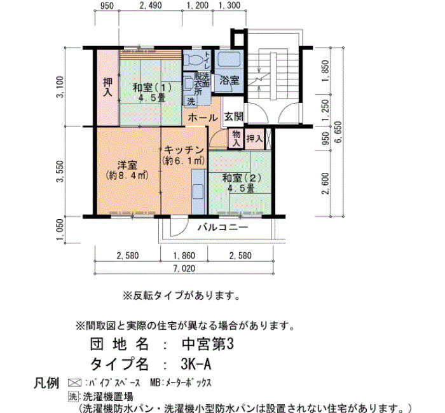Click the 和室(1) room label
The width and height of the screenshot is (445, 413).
[x=153, y=88]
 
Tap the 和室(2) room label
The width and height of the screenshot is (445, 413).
[x=242, y=178]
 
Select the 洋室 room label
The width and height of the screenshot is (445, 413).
[x=127, y=165]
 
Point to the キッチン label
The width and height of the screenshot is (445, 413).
[x=184, y=150]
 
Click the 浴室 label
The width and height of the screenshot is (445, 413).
[x=229, y=80]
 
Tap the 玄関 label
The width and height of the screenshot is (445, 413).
[x=234, y=116]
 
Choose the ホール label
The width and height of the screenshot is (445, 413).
[x=203, y=118]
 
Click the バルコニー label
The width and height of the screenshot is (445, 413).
[x=222, y=227]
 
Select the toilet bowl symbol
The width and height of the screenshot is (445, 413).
[x=193, y=60]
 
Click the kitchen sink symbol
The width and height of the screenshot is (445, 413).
[x=198, y=191]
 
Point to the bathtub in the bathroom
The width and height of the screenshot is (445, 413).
[x=229, y=60]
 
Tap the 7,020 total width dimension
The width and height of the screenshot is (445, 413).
[x=184, y=268]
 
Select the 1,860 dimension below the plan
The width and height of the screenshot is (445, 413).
[x=184, y=255]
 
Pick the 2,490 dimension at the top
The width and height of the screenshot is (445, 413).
[x=151, y=5]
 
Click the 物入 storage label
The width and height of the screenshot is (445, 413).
[x=236, y=139]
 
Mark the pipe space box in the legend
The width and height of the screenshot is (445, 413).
[x=74, y=383]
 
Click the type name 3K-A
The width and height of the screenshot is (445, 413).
[x=196, y=364]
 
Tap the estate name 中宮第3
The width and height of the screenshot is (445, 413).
[x=207, y=344]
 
